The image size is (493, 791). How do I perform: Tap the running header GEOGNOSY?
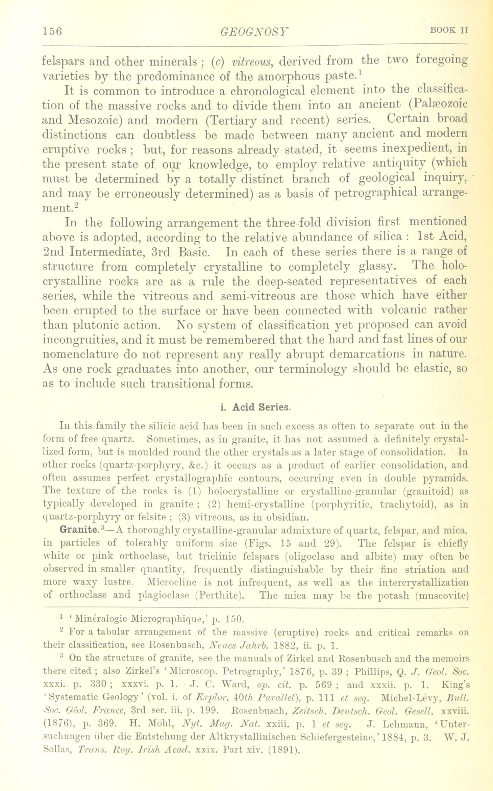point(254,32)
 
